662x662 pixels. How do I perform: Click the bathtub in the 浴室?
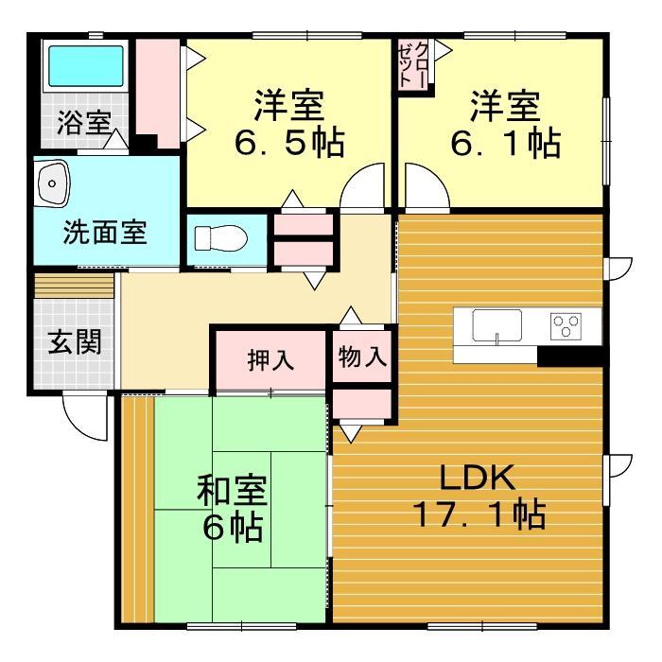[85, 67]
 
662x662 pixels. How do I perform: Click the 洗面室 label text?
[105, 233]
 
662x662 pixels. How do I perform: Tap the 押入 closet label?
[270, 359]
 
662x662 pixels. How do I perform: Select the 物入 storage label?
[362, 357]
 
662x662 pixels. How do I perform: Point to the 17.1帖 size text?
[479, 516]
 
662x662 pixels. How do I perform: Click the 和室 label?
[233, 492]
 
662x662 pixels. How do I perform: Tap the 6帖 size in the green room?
[233, 529]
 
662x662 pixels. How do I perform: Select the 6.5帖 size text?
[288, 145]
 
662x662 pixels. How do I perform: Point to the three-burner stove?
[566, 327]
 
